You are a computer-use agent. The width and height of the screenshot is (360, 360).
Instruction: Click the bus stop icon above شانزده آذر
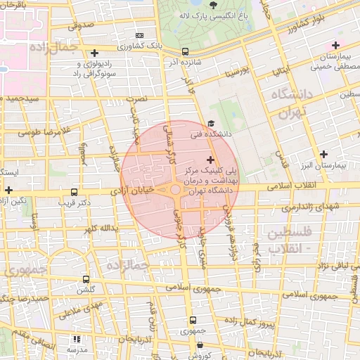(x=185, y=51)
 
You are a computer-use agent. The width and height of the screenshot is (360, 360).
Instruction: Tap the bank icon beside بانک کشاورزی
(x=139, y=34)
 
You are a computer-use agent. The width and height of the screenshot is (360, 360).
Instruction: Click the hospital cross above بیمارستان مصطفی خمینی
(x=335, y=45)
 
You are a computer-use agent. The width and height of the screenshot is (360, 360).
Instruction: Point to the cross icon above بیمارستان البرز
(x=323, y=154)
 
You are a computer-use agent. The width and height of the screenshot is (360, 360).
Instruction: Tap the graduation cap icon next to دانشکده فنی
(x=210, y=124)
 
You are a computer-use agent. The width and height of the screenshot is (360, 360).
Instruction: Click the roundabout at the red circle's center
(x=175, y=190)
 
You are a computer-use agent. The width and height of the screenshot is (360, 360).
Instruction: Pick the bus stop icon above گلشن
(x=86, y=279)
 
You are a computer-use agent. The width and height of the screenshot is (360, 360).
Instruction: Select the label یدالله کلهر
(x=97, y=229)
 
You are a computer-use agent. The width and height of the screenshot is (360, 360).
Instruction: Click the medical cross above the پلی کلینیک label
(x=210, y=160)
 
